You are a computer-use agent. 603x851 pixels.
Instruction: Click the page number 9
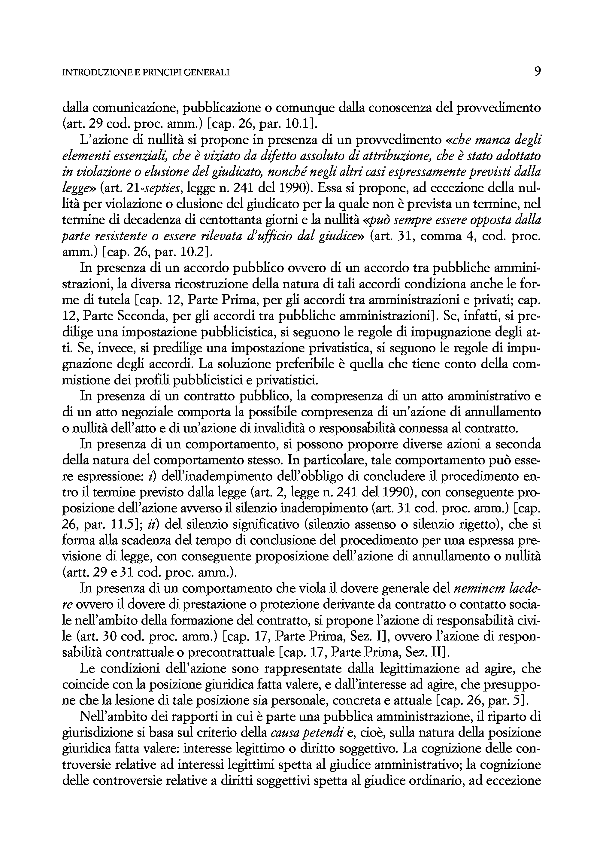point(537,71)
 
